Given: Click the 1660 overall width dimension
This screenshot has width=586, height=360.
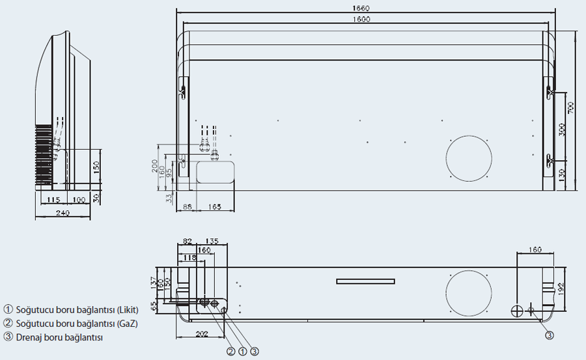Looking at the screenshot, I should click(x=363, y=8).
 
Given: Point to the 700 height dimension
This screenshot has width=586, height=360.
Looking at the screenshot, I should click(x=571, y=108).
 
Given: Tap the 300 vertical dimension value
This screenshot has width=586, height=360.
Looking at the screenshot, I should click(x=562, y=129).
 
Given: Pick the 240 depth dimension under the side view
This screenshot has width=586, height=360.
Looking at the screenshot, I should click(x=63, y=213).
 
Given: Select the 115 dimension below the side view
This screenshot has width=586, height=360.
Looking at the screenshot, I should click(x=53, y=199).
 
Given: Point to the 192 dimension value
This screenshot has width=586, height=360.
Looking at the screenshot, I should click(x=561, y=288).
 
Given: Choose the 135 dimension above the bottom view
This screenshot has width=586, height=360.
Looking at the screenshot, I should click(x=212, y=241).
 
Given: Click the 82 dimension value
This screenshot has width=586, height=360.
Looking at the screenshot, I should click(x=188, y=241).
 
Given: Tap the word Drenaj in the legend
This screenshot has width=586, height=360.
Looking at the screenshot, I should click(x=29, y=337).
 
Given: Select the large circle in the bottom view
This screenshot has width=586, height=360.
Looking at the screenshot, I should click(x=468, y=294).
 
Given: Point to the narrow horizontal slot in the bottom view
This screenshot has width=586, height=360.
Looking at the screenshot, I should click(x=365, y=281).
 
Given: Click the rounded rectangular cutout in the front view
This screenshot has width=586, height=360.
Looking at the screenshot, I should click(x=216, y=173).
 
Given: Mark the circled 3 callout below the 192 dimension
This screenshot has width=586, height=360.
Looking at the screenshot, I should click(x=550, y=336).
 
